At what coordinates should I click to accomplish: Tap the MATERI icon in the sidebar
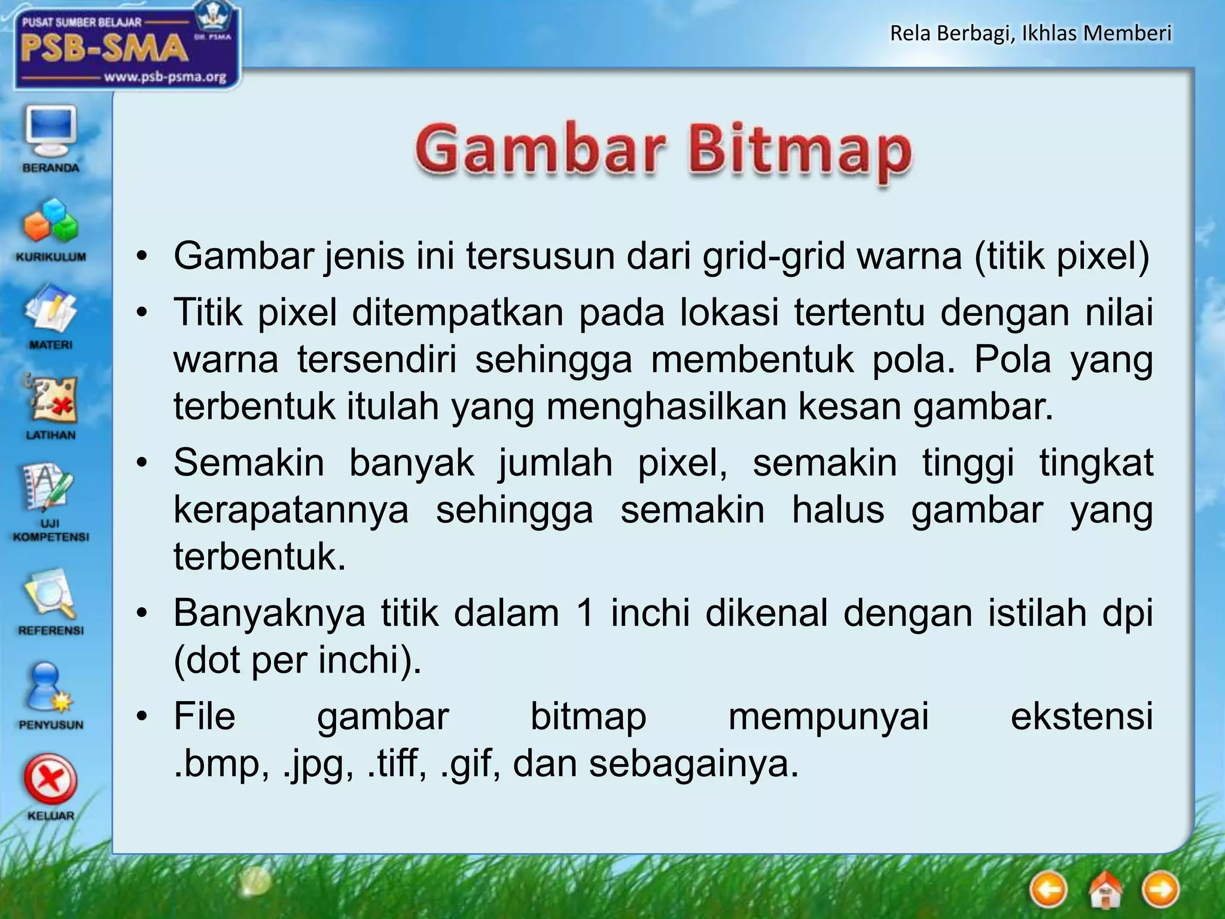(x=50, y=311)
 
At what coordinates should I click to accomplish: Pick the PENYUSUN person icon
(x=50, y=688)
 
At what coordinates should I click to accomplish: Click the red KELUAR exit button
(x=50, y=781)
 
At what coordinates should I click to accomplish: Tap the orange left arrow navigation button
(x=1049, y=890)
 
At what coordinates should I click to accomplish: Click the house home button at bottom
(x=1105, y=890)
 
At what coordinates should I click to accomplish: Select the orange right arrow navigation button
(x=1160, y=890)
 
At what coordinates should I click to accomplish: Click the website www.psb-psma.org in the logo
(x=165, y=77)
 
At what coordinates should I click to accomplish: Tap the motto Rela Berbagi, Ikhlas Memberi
(x=1030, y=34)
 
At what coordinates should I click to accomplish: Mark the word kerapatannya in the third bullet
(x=291, y=510)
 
